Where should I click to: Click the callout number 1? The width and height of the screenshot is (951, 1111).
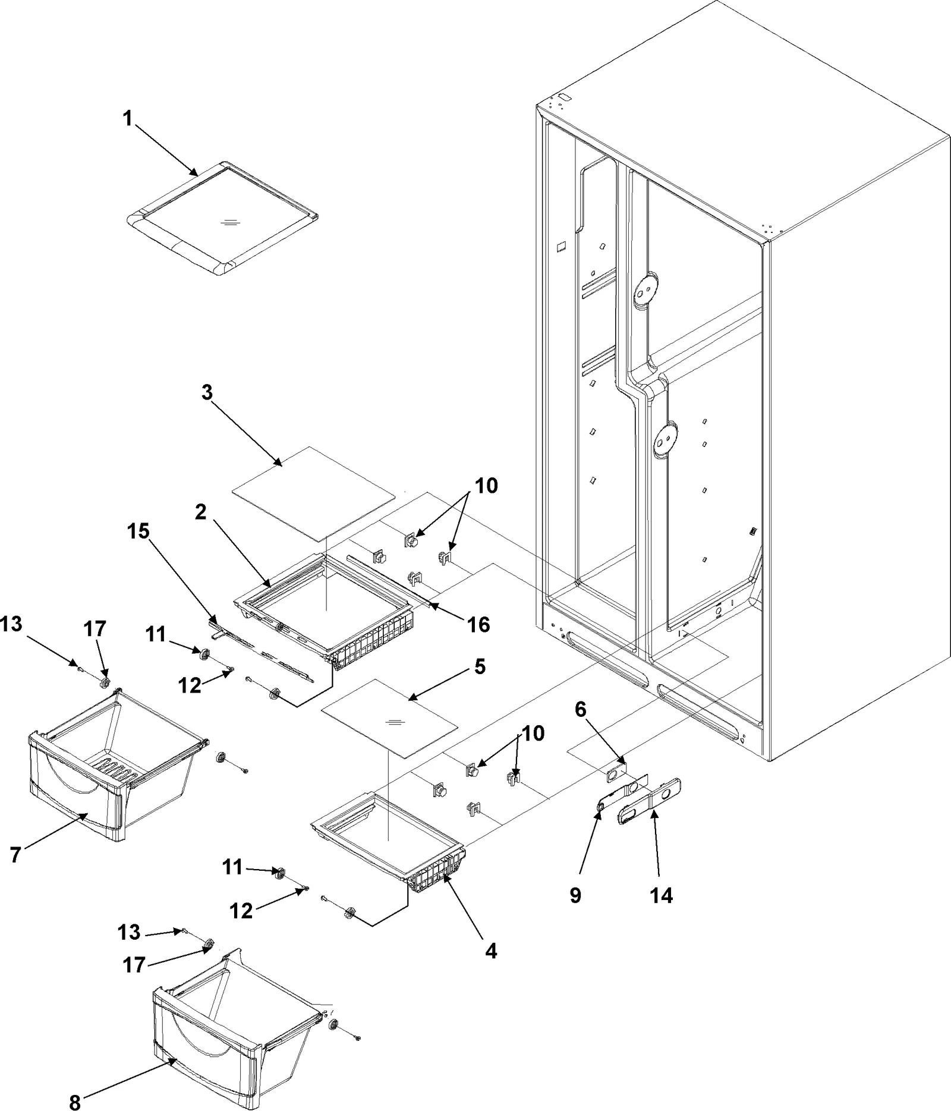(x=127, y=119)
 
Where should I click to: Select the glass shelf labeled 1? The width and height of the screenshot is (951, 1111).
(x=222, y=218)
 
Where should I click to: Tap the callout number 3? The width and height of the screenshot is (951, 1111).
(x=207, y=393)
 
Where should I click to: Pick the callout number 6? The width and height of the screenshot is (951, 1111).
(x=581, y=709)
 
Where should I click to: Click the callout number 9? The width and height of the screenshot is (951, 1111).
(x=575, y=895)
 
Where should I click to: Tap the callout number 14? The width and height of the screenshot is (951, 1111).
(x=662, y=895)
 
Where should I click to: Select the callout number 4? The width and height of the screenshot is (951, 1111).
(x=490, y=951)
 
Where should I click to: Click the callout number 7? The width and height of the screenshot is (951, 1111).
(x=16, y=855)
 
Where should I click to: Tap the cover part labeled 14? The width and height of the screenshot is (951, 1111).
(x=649, y=801)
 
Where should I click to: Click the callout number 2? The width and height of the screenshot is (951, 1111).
(x=201, y=512)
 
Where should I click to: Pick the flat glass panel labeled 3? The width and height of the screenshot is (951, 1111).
(x=313, y=493)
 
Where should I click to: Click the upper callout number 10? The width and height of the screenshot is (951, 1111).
(x=486, y=486)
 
